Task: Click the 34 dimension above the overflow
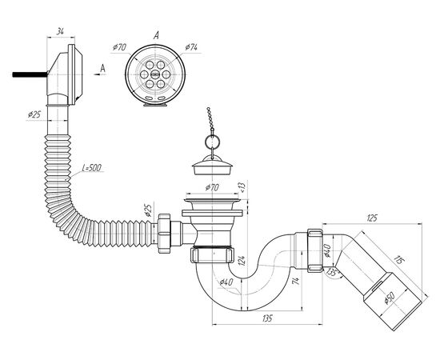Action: [60, 32]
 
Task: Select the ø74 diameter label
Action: [191, 47]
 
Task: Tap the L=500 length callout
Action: [92, 168]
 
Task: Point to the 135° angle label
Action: [333, 273]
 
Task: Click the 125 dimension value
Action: [372, 218]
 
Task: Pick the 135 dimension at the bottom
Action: [267, 318]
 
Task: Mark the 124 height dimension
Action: [243, 261]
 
